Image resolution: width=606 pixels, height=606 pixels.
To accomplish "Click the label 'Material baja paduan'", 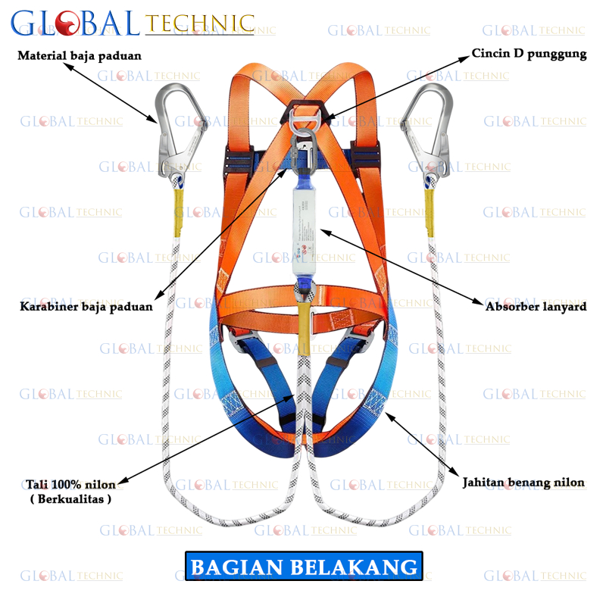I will point(80,56).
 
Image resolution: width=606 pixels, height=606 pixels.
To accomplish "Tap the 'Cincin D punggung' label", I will point(529,54).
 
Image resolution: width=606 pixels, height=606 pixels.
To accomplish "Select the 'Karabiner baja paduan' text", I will point(86,307).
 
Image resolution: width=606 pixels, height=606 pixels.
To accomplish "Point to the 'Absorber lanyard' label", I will point(536,307).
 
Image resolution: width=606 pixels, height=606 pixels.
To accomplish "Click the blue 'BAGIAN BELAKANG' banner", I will point(304,567).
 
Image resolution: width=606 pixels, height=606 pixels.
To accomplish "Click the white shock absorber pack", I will point(304,235).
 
